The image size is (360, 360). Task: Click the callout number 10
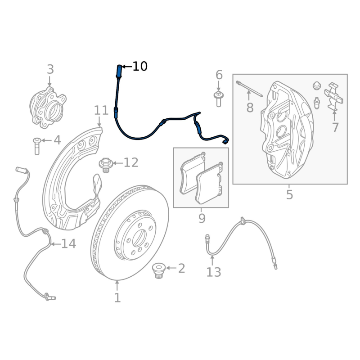140,67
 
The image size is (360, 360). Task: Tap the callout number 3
50,70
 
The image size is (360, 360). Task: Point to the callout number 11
101,111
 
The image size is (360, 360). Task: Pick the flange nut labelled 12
106,164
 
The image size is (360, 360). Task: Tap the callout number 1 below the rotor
117,297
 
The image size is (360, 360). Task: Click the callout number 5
289,195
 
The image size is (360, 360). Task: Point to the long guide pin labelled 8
249,88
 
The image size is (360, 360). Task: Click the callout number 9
202,219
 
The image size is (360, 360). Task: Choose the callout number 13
214,272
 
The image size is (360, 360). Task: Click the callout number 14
68,244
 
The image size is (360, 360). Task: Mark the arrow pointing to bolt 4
45,141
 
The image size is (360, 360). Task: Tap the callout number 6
219,75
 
